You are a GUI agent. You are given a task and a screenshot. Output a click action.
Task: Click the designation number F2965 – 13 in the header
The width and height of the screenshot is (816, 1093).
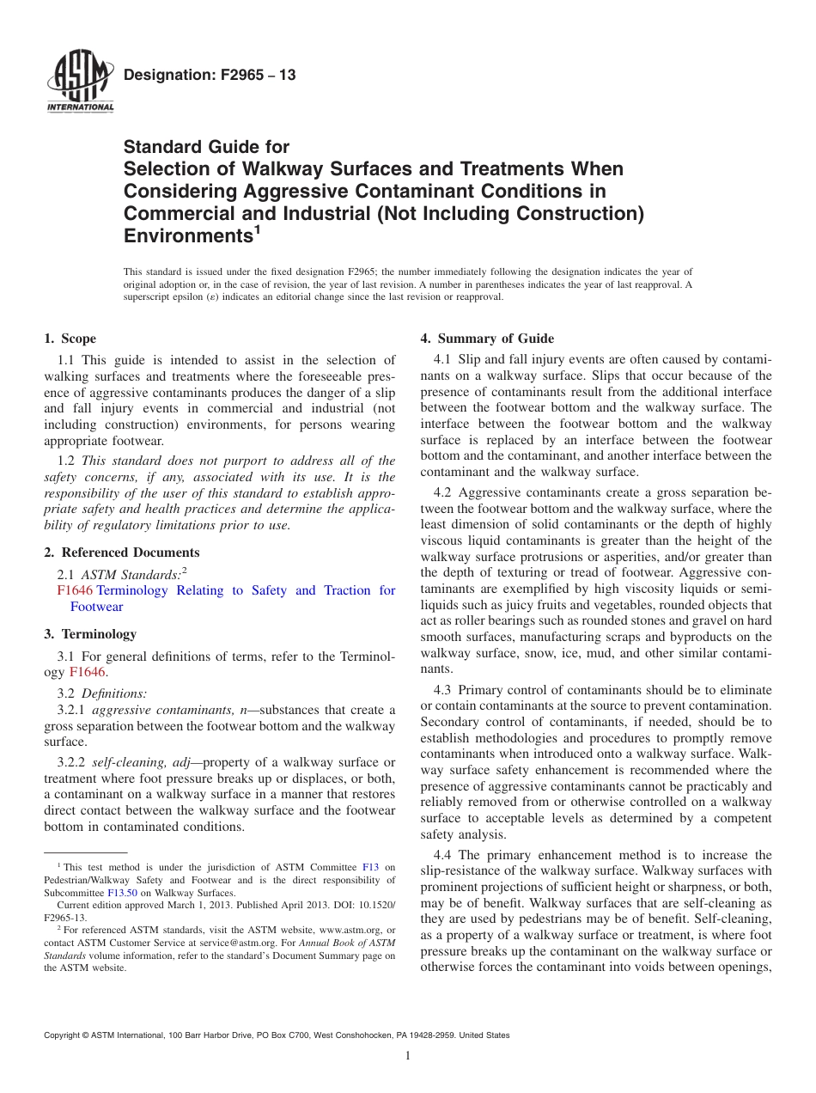click(210, 76)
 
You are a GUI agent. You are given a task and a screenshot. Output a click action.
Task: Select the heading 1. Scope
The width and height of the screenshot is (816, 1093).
click(70, 339)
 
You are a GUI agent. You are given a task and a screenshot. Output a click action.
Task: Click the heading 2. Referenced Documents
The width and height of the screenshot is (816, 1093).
click(121, 553)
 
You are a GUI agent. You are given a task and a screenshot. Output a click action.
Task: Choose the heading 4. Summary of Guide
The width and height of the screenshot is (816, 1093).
click(486, 339)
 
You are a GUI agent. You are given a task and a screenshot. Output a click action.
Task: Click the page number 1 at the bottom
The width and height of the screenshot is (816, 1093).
click(408, 1056)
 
